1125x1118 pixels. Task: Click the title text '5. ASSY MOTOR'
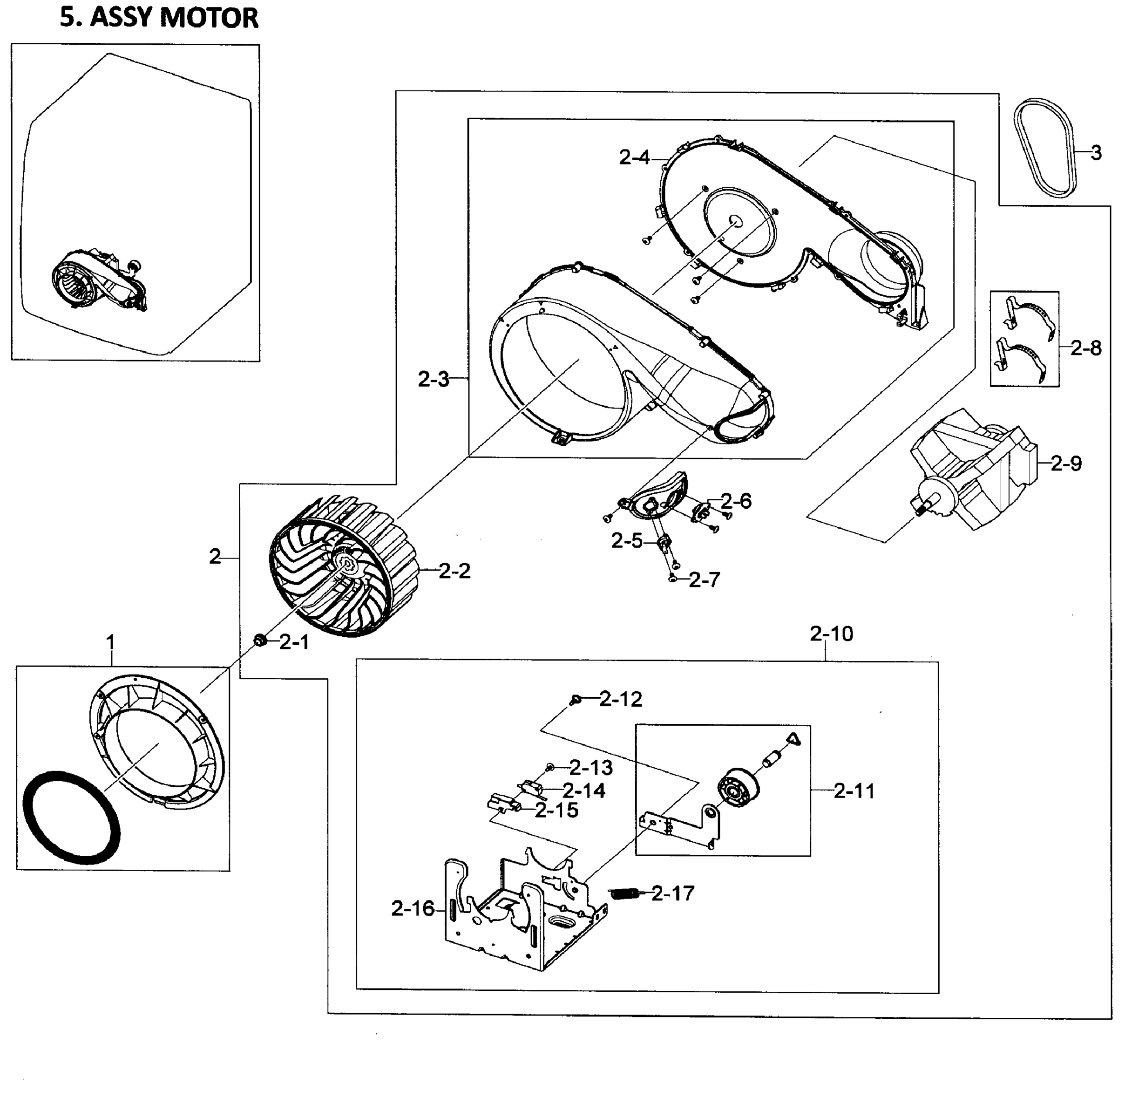pos(158,18)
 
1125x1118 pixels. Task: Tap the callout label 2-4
pos(634,157)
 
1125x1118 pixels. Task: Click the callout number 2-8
pos(1085,348)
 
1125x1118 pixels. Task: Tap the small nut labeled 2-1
pos(260,641)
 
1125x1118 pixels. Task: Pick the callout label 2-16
pos(412,908)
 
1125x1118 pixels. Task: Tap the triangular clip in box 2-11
pos(793,739)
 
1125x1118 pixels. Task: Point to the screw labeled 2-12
pos(576,699)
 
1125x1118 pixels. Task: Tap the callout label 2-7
pos(704,579)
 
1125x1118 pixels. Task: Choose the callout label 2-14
pos(583,791)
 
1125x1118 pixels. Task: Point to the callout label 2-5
pos(627,541)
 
